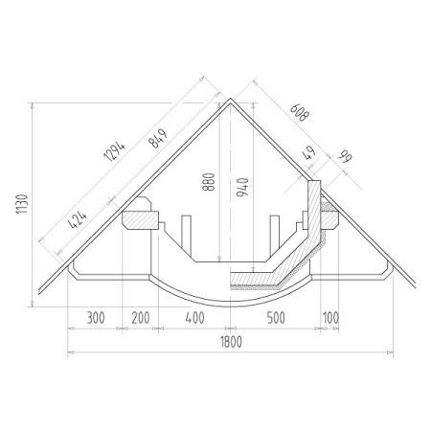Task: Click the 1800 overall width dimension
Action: coord(232,342)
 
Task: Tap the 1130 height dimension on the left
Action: coord(22,204)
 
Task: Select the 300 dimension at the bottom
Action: coord(96,318)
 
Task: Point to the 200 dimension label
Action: coord(141,318)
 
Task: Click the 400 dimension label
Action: coord(194,318)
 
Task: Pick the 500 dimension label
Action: coord(276,318)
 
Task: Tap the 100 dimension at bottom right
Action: coord(330,318)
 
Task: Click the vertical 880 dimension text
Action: coord(209,182)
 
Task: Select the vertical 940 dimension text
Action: coord(242,187)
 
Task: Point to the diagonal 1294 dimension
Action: coord(115,150)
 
